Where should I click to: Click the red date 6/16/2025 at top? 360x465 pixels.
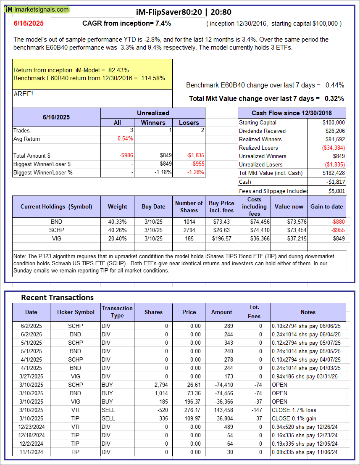pos(28,24)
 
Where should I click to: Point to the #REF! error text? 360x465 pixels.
pos(23,94)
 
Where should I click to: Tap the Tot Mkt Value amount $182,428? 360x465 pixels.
pos(334,173)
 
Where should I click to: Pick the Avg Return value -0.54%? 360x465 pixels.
pos(124,139)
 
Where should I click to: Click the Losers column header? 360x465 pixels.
pos(189,122)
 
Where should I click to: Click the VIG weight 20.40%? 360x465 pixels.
pos(118,238)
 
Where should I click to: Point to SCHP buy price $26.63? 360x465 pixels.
pos(221,230)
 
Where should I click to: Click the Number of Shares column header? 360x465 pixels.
pos(189,206)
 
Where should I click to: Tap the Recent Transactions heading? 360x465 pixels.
pos(57,297)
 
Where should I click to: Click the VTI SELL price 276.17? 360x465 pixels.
pos(189,410)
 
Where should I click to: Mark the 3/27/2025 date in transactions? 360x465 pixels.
pos(31,376)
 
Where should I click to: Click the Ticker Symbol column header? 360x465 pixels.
pos(76,312)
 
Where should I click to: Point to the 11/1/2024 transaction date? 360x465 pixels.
pos(31,452)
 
